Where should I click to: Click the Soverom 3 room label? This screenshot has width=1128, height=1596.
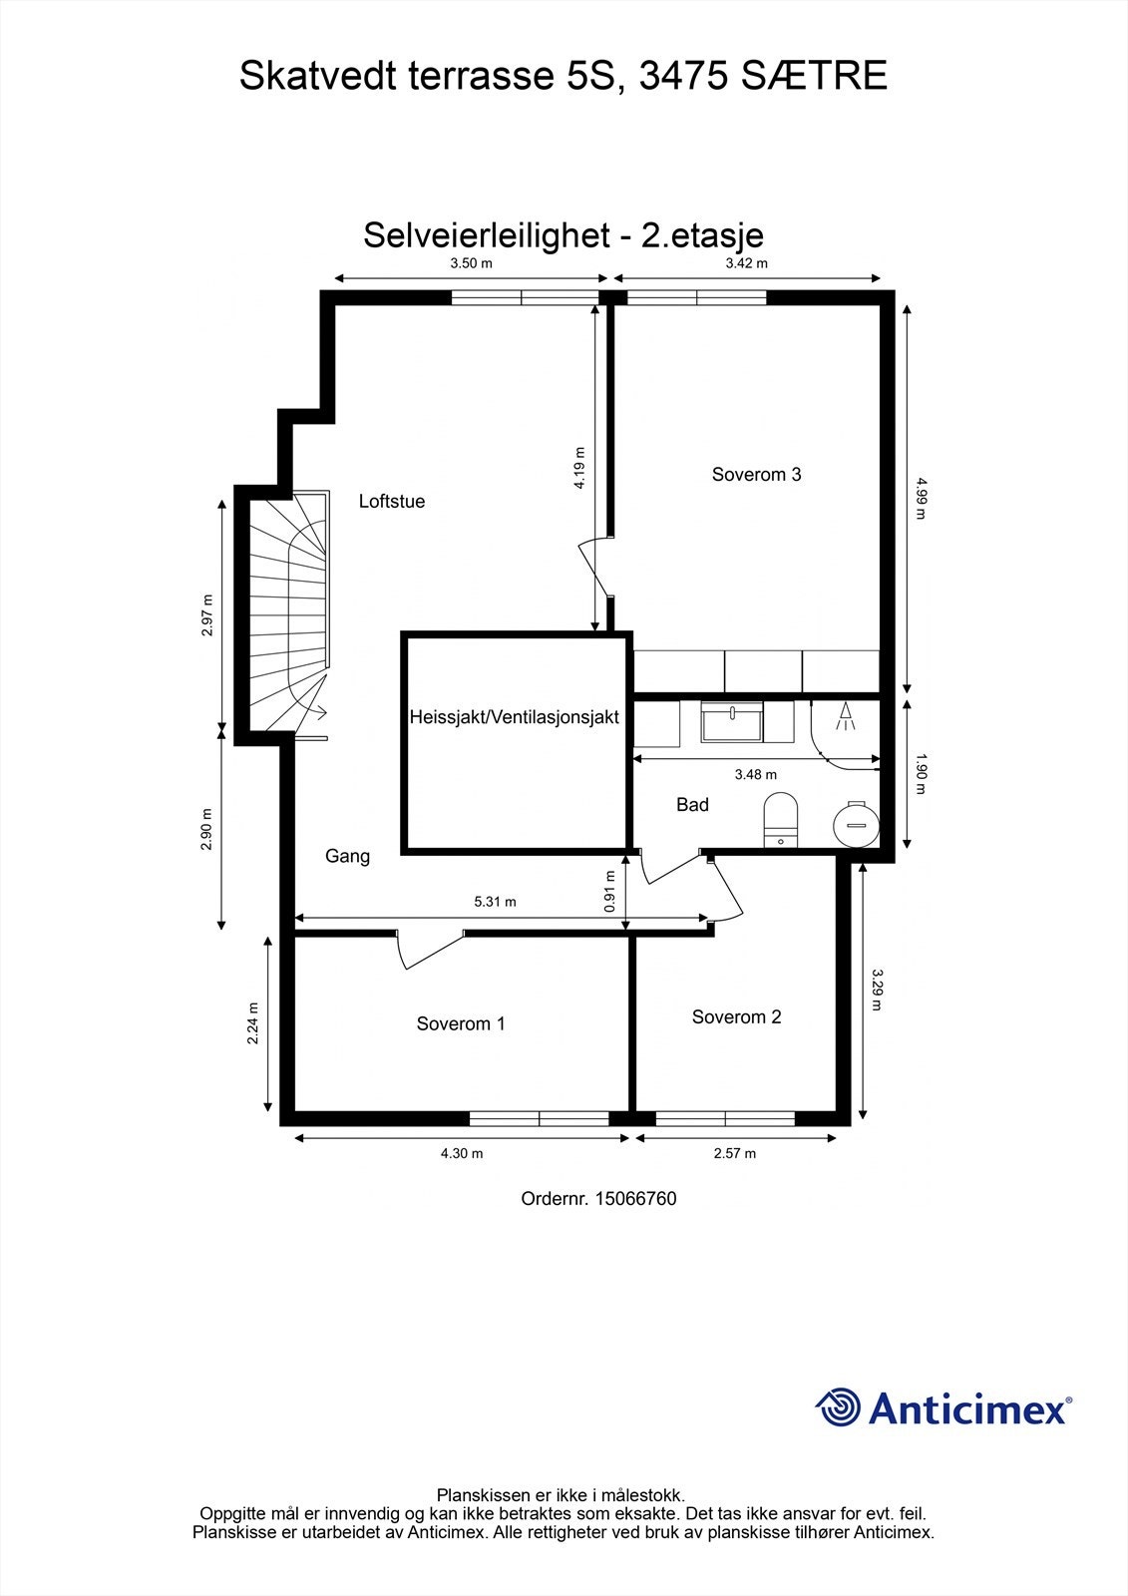click(x=756, y=475)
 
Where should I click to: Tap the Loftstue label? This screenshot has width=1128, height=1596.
click(x=392, y=502)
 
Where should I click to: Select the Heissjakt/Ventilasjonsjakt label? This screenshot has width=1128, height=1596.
click(x=515, y=717)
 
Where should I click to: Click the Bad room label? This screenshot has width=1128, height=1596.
click(x=692, y=805)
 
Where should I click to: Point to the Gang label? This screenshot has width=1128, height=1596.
click(x=347, y=856)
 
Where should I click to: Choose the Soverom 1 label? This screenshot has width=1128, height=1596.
click(x=461, y=1024)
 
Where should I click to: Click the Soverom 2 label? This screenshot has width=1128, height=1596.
click(x=736, y=1017)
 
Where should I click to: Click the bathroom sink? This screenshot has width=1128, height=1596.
click(x=732, y=721)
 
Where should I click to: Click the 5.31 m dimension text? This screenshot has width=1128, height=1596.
click(x=495, y=902)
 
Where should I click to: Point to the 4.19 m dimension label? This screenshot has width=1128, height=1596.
click(x=579, y=467)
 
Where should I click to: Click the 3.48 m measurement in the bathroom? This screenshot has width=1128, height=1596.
click(x=755, y=774)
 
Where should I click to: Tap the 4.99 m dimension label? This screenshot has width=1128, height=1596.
click(x=920, y=498)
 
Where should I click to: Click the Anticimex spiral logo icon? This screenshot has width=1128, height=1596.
click(x=838, y=1407)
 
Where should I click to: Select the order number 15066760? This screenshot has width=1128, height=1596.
click(x=635, y=1199)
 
